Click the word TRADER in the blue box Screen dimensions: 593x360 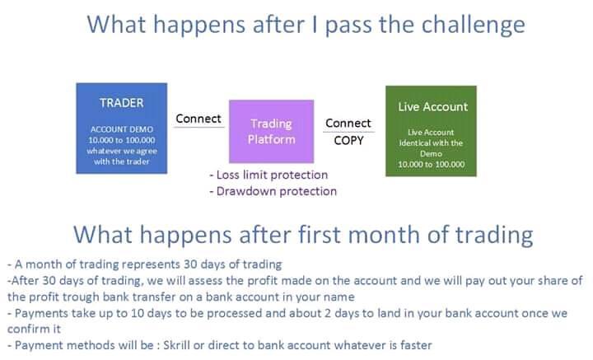point(121,103)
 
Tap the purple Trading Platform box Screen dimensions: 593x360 point(271,131)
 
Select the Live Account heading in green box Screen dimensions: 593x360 point(432,106)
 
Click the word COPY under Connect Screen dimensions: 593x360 point(348,140)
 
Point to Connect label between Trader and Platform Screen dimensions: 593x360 point(198,119)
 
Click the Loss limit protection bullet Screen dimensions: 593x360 point(268,175)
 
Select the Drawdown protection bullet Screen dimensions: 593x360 point(273,191)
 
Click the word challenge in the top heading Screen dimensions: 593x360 point(473,26)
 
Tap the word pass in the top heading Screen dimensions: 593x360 point(348,26)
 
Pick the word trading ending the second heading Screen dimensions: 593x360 point(494,236)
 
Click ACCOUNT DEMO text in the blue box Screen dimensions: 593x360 point(122,129)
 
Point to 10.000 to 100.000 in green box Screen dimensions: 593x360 point(431,164)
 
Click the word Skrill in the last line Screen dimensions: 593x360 point(176,345)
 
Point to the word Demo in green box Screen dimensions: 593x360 point(431,153)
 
